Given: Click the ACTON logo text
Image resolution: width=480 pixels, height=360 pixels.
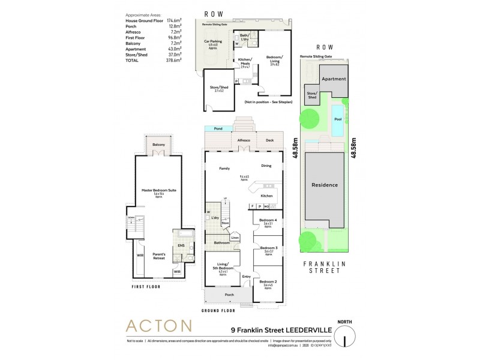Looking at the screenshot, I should pos(158,327).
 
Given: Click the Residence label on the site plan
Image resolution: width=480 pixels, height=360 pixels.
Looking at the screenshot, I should pos(325,185).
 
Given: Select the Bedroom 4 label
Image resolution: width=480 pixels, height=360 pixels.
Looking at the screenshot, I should pos(267,220).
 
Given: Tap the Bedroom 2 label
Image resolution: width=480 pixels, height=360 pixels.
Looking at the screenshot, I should pos(267,282).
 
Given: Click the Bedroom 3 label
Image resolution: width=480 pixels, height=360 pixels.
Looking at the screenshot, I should pos(267,248).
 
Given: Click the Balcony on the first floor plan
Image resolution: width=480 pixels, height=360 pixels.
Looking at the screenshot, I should pos(158,145).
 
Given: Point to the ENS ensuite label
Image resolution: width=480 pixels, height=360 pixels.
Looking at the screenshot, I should pos(179,246).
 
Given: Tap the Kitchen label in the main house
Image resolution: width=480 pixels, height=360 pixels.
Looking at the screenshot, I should pos(267,196).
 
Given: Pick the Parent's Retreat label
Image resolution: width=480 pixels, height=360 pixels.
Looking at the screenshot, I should pos(158,256).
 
